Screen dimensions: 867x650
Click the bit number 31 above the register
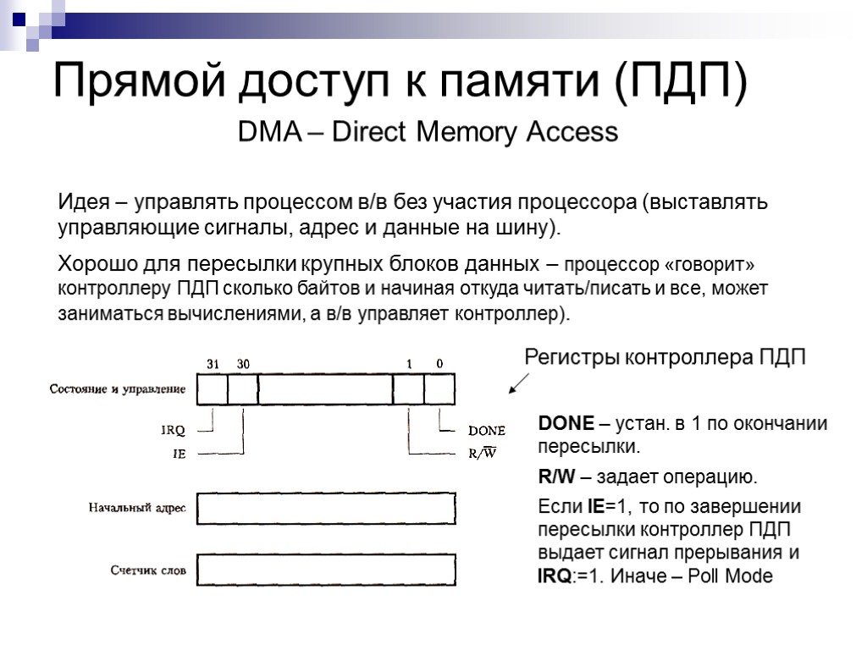pos(213,364)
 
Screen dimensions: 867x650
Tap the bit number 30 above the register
pos(243,364)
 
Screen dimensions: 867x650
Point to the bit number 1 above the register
pos(409,364)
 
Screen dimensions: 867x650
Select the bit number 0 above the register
pos(439,364)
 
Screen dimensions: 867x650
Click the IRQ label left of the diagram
pos(173,431)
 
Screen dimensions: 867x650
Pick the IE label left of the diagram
pos(179,454)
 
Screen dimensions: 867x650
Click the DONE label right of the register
pos(487,431)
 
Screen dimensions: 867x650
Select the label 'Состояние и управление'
pos(118,389)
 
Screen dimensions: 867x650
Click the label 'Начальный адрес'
pos(137,508)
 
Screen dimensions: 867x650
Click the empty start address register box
pos(326,509)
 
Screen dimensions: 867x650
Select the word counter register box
pos(326,570)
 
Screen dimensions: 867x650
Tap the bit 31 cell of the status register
pos(213,389)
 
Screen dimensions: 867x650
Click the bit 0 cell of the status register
pos(439,389)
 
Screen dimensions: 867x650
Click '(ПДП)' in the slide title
pos(681,82)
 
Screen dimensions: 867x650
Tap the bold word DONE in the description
pos(566,424)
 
